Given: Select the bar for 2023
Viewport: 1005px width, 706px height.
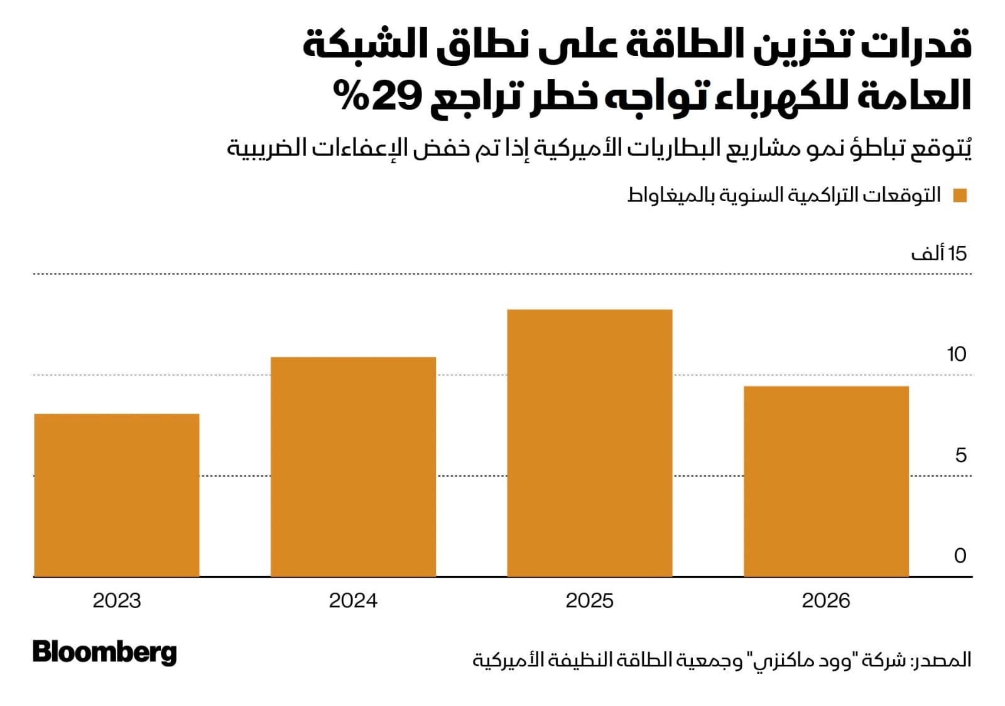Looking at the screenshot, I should [x=116, y=495].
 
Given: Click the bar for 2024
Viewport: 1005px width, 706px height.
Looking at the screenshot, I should [x=353, y=466].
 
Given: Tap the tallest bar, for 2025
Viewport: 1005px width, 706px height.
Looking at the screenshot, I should [x=589, y=443].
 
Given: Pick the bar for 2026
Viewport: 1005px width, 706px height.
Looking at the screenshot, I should [x=826, y=481].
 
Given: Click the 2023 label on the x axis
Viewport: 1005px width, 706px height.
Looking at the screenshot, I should [x=117, y=600].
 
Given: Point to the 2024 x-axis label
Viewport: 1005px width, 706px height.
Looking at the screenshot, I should [x=353, y=600].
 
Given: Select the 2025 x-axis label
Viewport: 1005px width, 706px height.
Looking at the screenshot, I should [x=589, y=600].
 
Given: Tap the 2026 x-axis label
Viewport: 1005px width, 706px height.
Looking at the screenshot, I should [x=826, y=600].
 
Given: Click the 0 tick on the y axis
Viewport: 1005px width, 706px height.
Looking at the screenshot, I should [x=960, y=556].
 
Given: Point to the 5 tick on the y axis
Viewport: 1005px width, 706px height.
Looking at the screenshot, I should [x=960, y=455].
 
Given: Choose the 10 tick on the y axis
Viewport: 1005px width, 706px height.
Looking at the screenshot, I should [x=956, y=355].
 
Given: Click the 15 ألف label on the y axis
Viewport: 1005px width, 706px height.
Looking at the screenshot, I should [x=939, y=253].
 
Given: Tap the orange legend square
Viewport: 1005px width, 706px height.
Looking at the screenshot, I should [x=960, y=196].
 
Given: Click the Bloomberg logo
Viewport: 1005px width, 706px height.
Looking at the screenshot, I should [x=104, y=652].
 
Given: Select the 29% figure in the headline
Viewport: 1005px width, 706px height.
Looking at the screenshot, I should [x=377, y=96].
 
